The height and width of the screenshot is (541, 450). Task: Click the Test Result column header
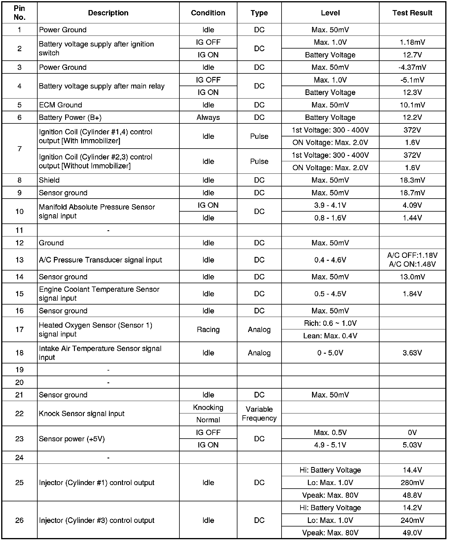(x=412, y=13)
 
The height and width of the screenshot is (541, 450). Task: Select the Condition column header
(x=208, y=13)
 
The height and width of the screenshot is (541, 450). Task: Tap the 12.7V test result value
(x=412, y=55)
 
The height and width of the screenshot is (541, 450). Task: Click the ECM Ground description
(x=60, y=105)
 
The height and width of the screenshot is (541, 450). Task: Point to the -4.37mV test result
(x=412, y=67)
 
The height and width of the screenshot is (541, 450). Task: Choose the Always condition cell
(x=208, y=117)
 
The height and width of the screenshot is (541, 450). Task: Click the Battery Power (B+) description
(x=70, y=117)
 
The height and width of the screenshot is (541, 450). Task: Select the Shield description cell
(x=49, y=180)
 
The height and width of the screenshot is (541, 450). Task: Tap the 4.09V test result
(x=412, y=205)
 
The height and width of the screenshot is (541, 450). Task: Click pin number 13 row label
(x=19, y=260)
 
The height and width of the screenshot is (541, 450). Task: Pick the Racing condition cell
(x=208, y=330)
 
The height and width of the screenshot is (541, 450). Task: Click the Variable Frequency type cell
(x=259, y=414)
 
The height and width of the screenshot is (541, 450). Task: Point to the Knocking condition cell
(x=208, y=408)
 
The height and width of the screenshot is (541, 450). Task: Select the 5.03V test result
(x=412, y=445)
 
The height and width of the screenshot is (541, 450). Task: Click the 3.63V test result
(x=412, y=353)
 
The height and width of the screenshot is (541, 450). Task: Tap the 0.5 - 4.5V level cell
(x=330, y=294)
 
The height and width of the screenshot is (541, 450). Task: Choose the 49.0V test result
(x=412, y=533)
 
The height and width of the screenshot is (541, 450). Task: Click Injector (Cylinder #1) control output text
(x=97, y=483)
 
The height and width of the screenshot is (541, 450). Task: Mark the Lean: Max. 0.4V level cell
(x=330, y=336)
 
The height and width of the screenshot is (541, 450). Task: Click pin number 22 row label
(x=19, y=414)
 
